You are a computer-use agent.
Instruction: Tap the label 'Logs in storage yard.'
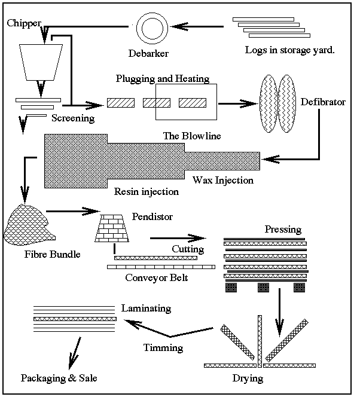289,50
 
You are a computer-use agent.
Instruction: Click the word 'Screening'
73,118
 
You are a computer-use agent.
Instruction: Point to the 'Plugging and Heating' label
162,79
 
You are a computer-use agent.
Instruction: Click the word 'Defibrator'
323,102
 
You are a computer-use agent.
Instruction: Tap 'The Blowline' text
192,136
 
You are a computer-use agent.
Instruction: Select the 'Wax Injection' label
222,180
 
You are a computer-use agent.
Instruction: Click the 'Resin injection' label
146,192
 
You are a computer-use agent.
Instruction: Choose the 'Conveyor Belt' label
157,278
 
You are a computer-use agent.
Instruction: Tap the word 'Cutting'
188,249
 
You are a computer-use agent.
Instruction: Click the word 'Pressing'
283,230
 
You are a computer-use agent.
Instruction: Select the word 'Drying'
247,378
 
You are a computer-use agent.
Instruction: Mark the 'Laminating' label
146,309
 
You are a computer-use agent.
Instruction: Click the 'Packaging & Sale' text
59,378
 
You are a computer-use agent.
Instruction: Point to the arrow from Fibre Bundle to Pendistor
72,210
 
